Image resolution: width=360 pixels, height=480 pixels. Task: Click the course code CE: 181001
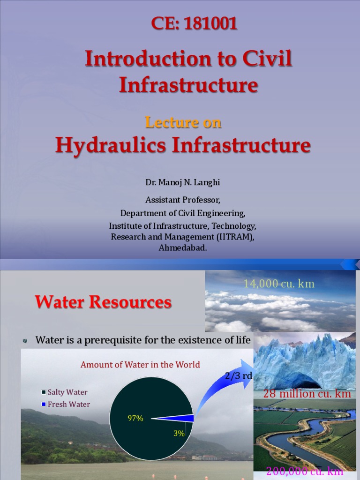coord(194,23)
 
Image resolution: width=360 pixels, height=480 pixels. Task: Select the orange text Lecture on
coord(183,122)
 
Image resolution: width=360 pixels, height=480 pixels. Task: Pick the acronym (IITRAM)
coord(237,237)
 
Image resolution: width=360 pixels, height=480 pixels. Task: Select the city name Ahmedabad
coord(183,248)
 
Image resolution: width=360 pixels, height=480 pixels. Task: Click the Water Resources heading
coord(104,302)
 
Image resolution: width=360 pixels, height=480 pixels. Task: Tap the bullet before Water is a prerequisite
coord(25,341)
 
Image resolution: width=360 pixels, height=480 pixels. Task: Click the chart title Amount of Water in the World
coord(140,365)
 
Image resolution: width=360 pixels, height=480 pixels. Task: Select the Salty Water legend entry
coord(66,392)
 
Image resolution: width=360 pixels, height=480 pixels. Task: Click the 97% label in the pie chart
coord(135,419)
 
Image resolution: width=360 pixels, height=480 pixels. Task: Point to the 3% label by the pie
coord(179,434)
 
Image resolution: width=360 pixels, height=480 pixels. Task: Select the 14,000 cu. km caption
coord(278,284)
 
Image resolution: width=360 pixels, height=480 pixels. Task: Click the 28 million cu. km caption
coord(307,394)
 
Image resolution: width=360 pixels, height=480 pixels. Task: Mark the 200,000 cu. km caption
coord(305,472)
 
